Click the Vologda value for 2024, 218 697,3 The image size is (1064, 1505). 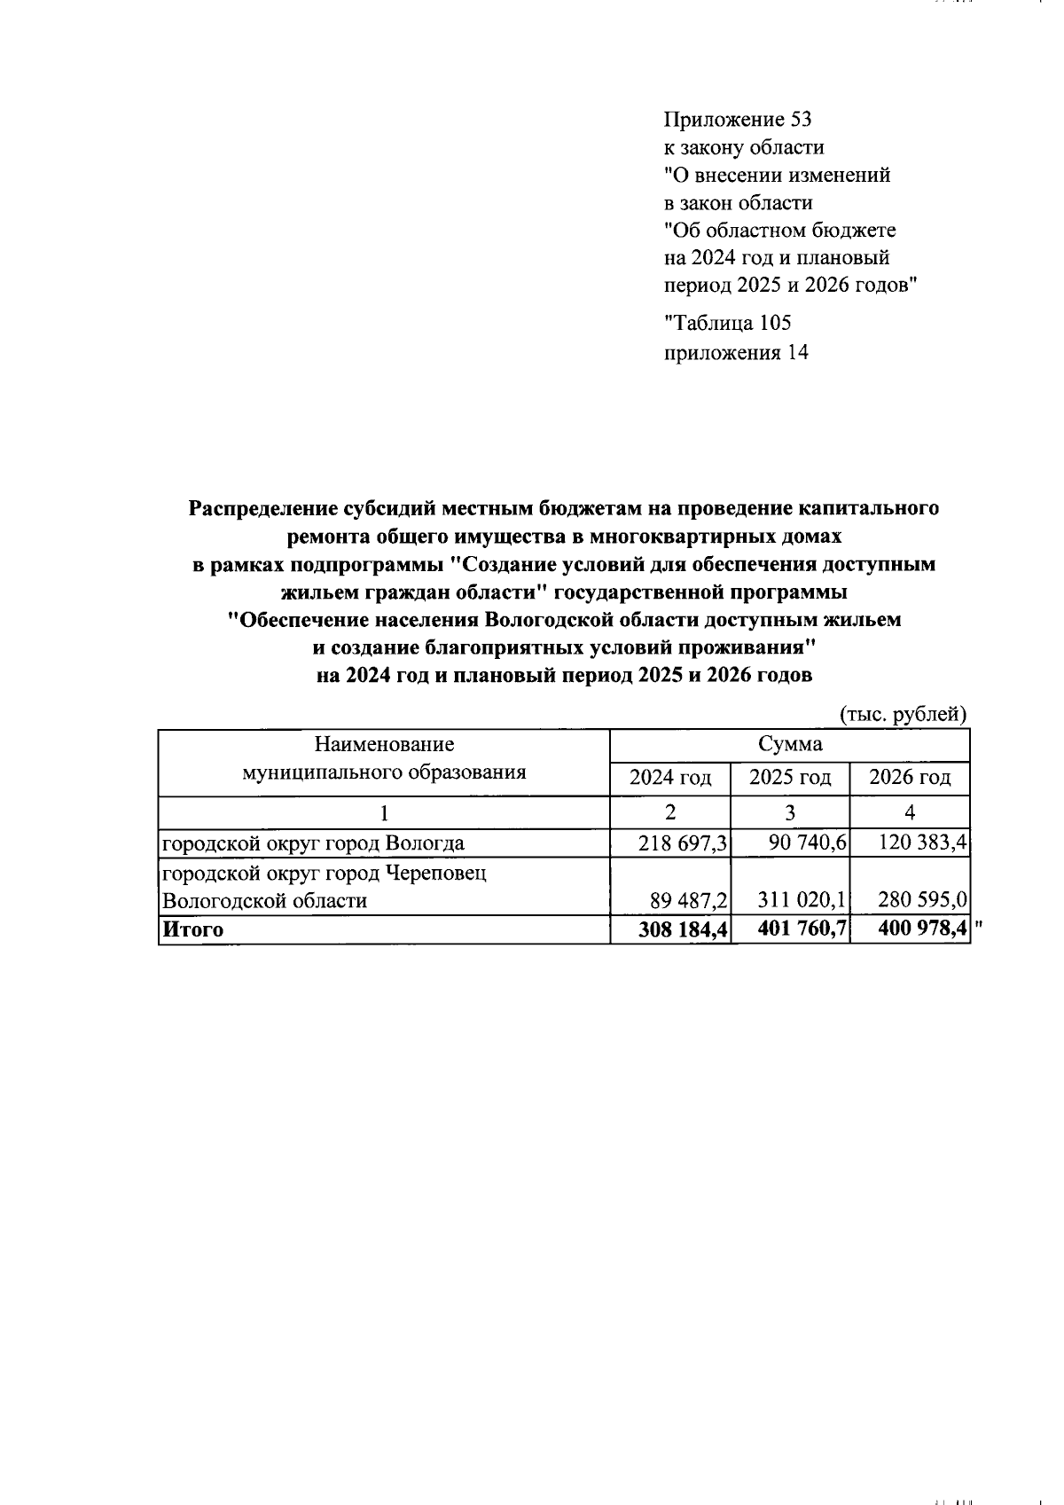pos(683,843)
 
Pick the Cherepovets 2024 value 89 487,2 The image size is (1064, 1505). pos(689,901)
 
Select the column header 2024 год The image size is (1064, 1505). pos(670,779)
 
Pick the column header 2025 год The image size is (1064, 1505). pos(790,779)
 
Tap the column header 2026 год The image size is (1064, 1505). pos(910,779)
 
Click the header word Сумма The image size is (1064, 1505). pos(790,744)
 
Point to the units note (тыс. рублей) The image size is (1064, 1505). pos(903,714)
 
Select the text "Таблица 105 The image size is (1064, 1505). pos(727,323)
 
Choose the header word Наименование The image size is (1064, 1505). pos(384,744)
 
